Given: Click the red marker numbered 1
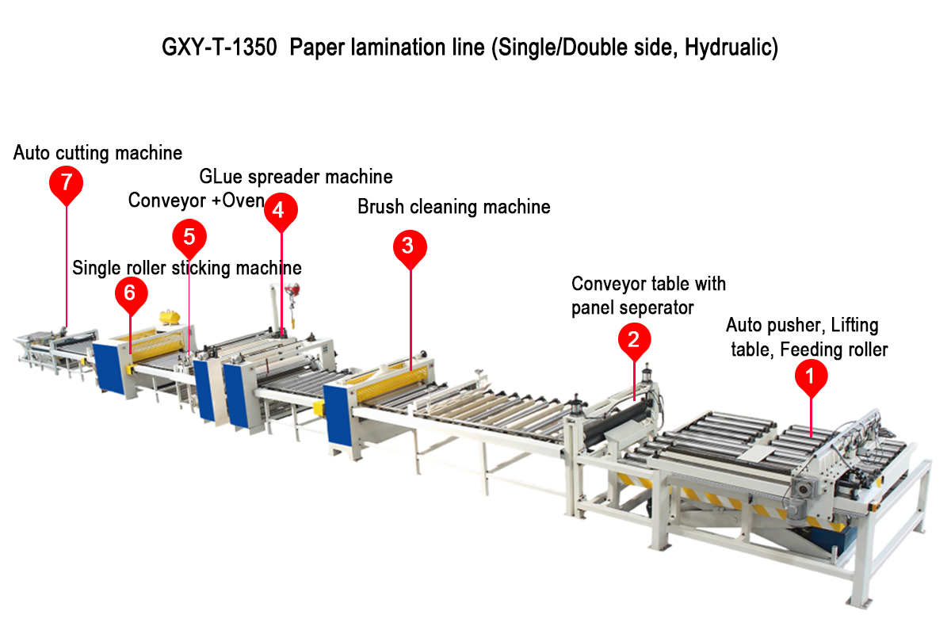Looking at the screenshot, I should pos(810,377).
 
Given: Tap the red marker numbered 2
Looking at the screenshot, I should pos(633,339).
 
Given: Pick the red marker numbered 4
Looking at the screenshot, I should pos(281,210).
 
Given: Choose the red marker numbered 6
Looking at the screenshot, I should pos(131,293).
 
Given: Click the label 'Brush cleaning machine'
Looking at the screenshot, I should pos(453,208).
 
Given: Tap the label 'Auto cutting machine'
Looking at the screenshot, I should pos(97,152).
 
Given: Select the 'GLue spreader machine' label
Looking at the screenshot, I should pos(296,176).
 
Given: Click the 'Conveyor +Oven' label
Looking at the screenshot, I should pos(196,201).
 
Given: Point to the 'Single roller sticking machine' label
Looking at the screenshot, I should pos(186,268).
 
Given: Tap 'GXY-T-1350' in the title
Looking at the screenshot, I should pos(220,48).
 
